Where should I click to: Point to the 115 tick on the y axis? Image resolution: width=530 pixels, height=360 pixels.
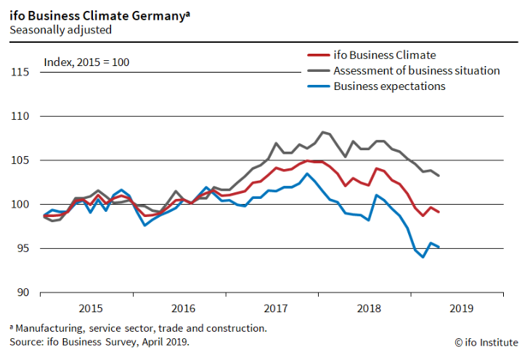coord(20,72)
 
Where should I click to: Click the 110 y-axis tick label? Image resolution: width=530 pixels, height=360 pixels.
coord(20,116)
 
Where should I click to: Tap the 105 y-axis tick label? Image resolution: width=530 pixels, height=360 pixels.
coord(20,160)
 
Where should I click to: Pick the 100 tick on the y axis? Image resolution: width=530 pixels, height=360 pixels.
coord(20,205)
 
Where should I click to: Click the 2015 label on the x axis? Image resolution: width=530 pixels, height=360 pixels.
coord(90,308)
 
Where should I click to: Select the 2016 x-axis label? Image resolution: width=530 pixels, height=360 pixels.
coord(183,308)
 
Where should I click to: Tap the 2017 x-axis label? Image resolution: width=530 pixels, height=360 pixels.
coord(276,308)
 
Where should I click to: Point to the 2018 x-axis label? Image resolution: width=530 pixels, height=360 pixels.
coord(369,308)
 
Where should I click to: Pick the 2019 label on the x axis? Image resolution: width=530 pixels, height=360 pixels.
coord(462,308)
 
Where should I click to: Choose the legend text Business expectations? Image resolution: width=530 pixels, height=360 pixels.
coord(389,86)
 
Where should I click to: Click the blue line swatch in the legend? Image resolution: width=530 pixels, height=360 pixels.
coord(317,86)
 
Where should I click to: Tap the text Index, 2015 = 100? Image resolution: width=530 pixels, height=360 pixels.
coord(86,62)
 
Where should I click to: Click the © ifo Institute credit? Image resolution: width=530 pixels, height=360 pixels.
coord(486,341)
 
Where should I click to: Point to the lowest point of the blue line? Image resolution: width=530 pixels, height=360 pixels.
coord(423,257)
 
